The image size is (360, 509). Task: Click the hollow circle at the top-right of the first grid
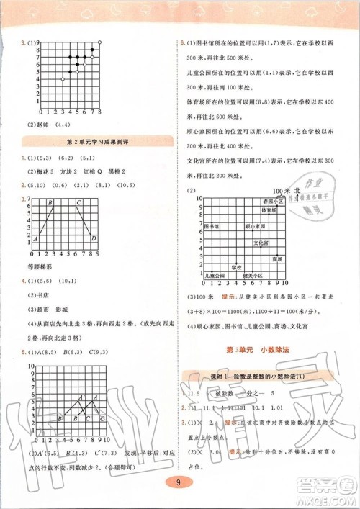[x=99, y=42]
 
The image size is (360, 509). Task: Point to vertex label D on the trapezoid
[x=94, y=238]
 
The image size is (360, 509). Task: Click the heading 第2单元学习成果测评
[x=91, y=141]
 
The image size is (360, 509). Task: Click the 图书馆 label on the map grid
[x=213, y=226]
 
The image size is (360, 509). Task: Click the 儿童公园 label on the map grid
[x=214, y=275]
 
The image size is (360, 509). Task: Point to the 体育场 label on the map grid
[x=269, y=210]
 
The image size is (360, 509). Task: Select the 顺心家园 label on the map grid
[x=256, y=226]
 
